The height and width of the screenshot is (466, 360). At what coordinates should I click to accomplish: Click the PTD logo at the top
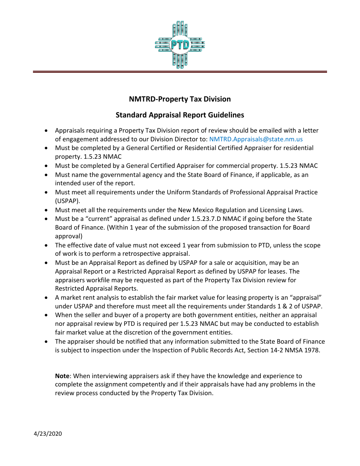(x=180, y=45)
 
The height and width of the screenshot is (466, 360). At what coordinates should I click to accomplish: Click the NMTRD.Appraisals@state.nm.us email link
(x=256, y=139)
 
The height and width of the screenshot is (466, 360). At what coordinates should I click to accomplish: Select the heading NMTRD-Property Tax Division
(x=180, y=99)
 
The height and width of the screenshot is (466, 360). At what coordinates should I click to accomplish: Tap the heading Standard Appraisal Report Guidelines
(x=180, y=115)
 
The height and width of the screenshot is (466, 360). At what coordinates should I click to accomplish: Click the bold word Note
(x=62, y=376)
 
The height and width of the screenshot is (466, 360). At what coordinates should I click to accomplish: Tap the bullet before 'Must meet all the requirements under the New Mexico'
(x=46, y=210)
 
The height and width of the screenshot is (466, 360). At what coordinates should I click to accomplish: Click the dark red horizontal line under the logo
(x=180, y=72)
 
